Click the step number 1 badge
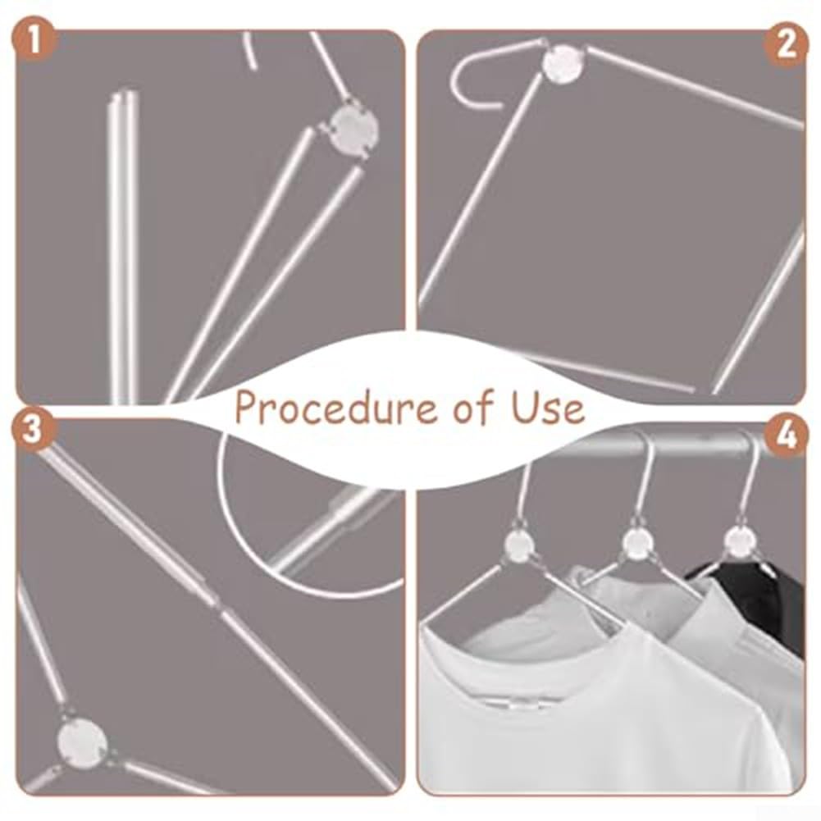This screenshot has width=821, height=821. [x=34, y=41]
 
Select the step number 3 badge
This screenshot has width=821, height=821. [x=33, y=430]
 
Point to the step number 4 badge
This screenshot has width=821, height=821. [x=786, y=436]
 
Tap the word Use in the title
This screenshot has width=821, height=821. [x=548, y=406]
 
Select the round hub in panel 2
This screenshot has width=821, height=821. [x=563, y=63]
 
